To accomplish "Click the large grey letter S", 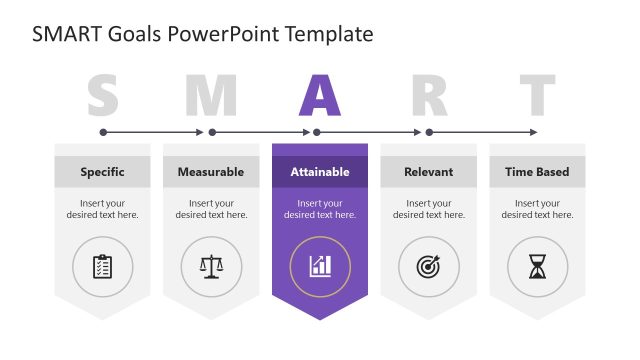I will click(x=102, y=95).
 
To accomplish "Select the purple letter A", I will click(x=320, y=95).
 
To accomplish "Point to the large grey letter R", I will click(x=429, y=95).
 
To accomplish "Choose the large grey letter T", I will click(x=537, y=95).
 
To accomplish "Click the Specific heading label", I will click(x=102, y=172).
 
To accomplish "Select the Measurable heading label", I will click(x=211, y=172).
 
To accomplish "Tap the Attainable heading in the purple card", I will click(x=320, y=172).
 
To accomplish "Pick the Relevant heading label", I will click(x=429, y=172).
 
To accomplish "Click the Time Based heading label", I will click(x=537, y=172).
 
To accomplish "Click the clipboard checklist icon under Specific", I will click(x=102, y=266).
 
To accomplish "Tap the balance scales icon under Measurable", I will click(x=211, y=266).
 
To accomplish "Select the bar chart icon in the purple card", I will click(x=320, y=266).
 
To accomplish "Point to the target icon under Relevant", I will click(x=429, y=266).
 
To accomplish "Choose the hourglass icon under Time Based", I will click(x=538, y=266).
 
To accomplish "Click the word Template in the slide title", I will click(x=329, y=34).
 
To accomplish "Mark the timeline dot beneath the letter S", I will click(x=102, y=132).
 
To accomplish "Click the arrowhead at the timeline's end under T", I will click(x=534, y=132).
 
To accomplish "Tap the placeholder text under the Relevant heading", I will click(x=429, y=209).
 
